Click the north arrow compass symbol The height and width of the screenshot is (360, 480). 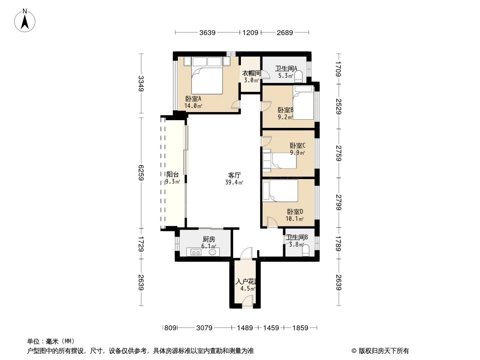(26, 20)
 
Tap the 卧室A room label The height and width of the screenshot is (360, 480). (193, 99)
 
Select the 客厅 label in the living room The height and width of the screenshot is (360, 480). (234, 175)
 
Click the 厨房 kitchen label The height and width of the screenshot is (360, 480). (209, 239)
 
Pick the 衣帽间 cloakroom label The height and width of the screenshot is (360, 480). (251, 73)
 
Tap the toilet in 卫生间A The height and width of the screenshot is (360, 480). (299, 76)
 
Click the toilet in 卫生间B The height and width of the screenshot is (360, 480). (307, 251)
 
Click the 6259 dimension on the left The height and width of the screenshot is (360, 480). (141, 172)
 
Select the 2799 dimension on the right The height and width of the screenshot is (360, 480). (338, 200)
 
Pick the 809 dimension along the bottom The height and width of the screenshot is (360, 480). (169, 328)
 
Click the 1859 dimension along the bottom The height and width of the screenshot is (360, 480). (299, 328)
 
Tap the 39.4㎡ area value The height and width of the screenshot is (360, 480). (234, 182)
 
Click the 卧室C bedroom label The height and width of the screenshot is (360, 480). (298, 145)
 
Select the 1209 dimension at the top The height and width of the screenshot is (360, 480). (250, 32)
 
